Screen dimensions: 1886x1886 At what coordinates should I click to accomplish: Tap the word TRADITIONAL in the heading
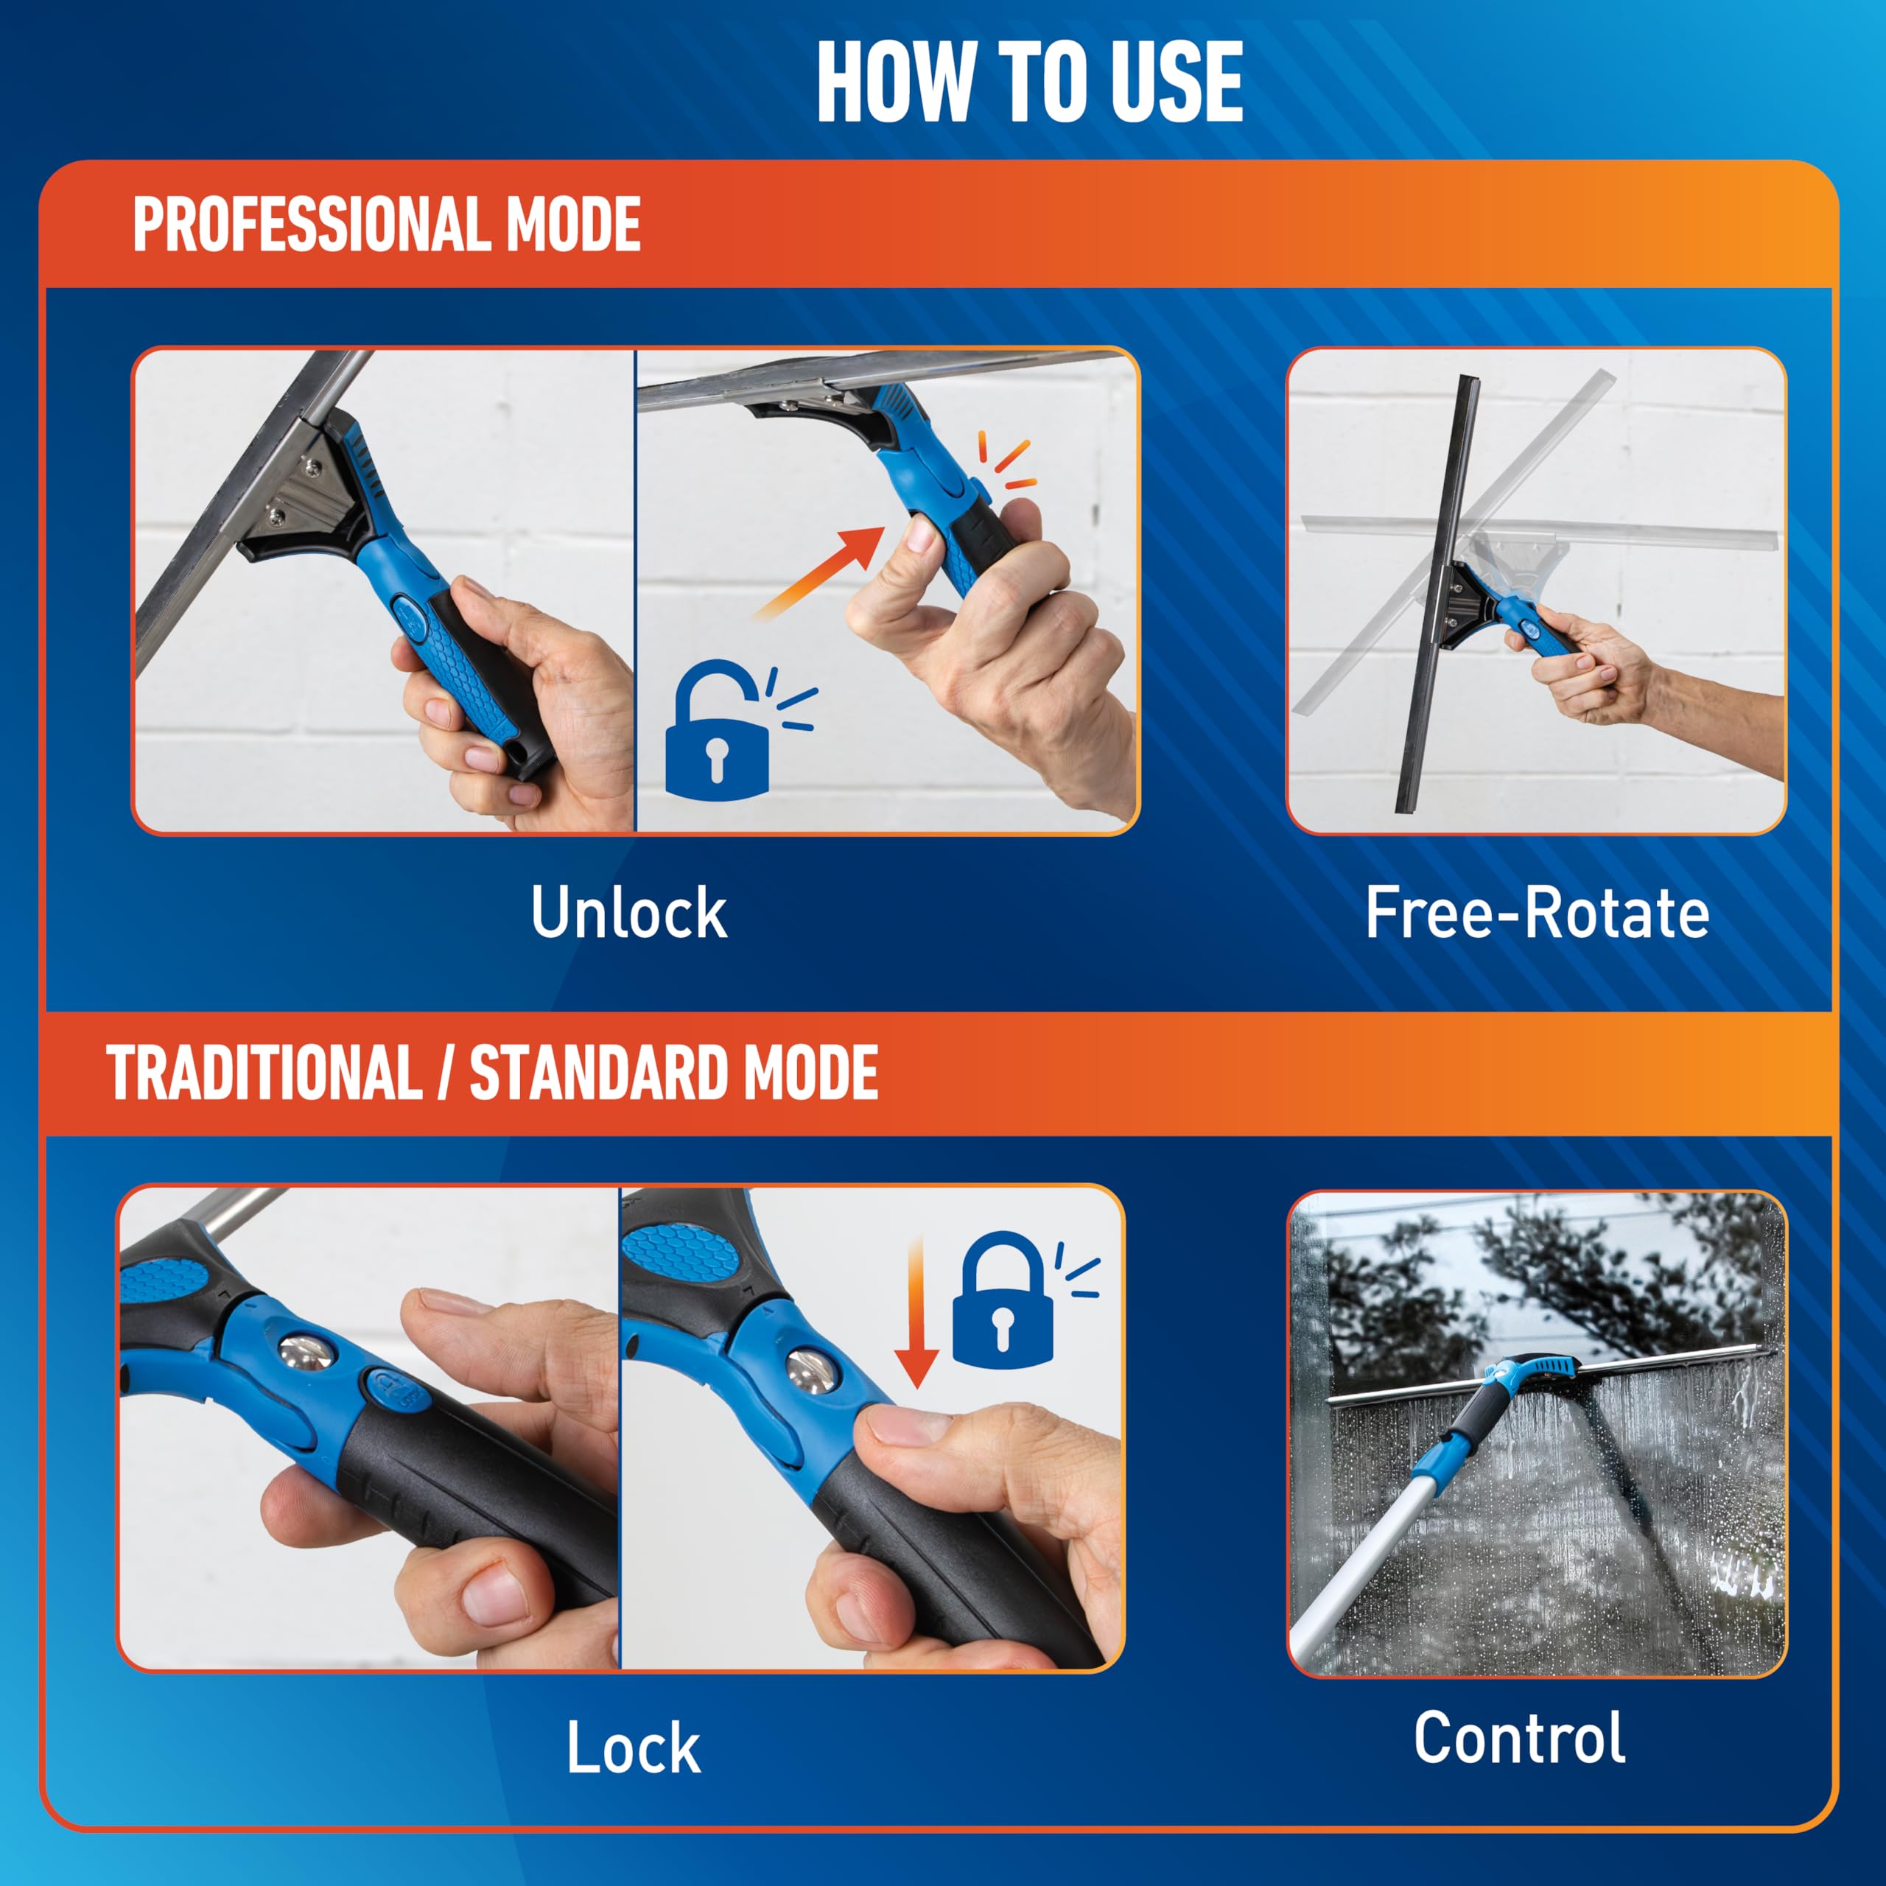[x=264, y=1074]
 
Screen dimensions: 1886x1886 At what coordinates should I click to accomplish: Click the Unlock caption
[x=628, y=914]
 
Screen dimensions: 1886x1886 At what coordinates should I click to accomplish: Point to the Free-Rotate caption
[x=1537, y=914]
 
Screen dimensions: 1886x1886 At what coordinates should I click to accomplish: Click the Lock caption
[x=633, y=1748]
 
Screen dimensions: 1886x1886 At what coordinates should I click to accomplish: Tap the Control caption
[x=1519, y=1739]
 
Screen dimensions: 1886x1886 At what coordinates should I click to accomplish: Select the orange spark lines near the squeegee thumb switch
[x=1006, y=463]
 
